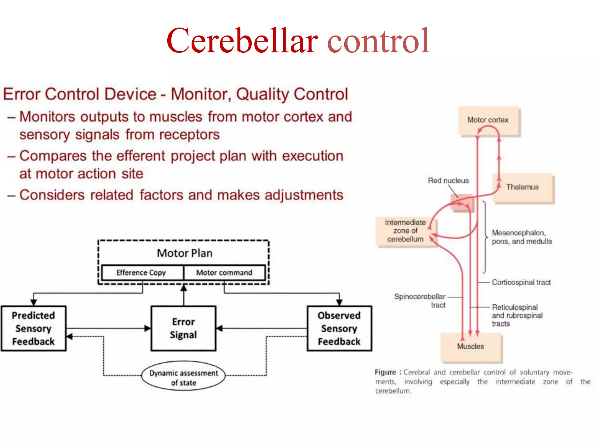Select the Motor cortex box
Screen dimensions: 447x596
(x=488, y=120)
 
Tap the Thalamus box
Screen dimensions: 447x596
(x=523, y=187)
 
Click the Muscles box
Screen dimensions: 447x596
(x=471, y=347)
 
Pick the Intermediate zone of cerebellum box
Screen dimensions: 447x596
(x=405, y=231)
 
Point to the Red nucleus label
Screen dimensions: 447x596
(x=448, y=181)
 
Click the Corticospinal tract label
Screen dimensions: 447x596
(x=521, y=282)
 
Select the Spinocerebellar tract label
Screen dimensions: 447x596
(x=420, y=301)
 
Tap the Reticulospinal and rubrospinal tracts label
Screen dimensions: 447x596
(x=517, y=315)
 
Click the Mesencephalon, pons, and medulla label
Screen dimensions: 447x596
(x=521, y=237)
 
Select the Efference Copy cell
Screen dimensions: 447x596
(x=141, y=273)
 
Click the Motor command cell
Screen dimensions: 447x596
(x=224, y=273)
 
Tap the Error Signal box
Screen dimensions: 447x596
(x=183, y=328)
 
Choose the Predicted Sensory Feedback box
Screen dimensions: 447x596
(x=33, y=328)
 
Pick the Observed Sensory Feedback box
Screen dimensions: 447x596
(x=339, y=328)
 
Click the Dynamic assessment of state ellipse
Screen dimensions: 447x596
(x=183, y=377)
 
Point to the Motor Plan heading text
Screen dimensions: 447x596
(x=185, y=253)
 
